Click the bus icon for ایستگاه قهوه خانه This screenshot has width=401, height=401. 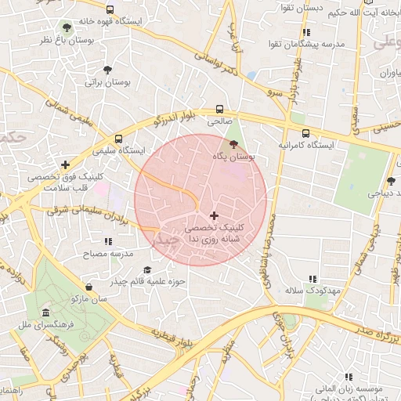click(110, 10)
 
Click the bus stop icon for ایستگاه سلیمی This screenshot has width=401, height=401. click(118, 136)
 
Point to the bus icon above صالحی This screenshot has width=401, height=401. click(219, 110)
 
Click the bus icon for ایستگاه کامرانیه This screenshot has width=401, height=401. click(305, 133)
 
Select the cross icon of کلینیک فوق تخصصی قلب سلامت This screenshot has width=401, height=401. click(65, 164)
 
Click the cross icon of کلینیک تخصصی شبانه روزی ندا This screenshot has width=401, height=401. click(214, 215)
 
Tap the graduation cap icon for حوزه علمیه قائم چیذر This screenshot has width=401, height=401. click(147, 269)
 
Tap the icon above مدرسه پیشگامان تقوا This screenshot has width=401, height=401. click(306, 32)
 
